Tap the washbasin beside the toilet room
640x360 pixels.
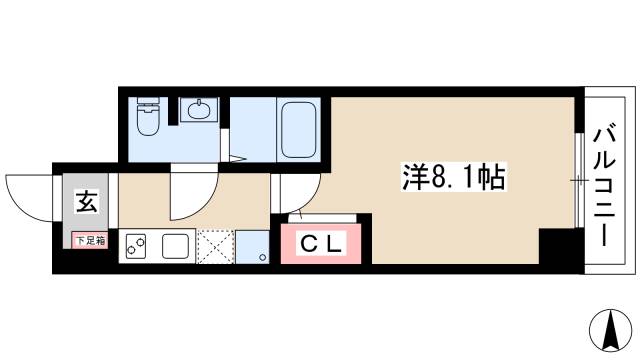click(195, 110)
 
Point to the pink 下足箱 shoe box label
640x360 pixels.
click(86, 241)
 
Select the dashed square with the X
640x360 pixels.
click(215, 246)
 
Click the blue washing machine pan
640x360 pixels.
click(251, 246)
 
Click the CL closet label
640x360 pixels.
click(323, 244)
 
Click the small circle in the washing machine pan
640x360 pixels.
click(261, 258)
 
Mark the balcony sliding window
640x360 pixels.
click(578, 180)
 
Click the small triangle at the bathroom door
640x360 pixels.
click(237, 157)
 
